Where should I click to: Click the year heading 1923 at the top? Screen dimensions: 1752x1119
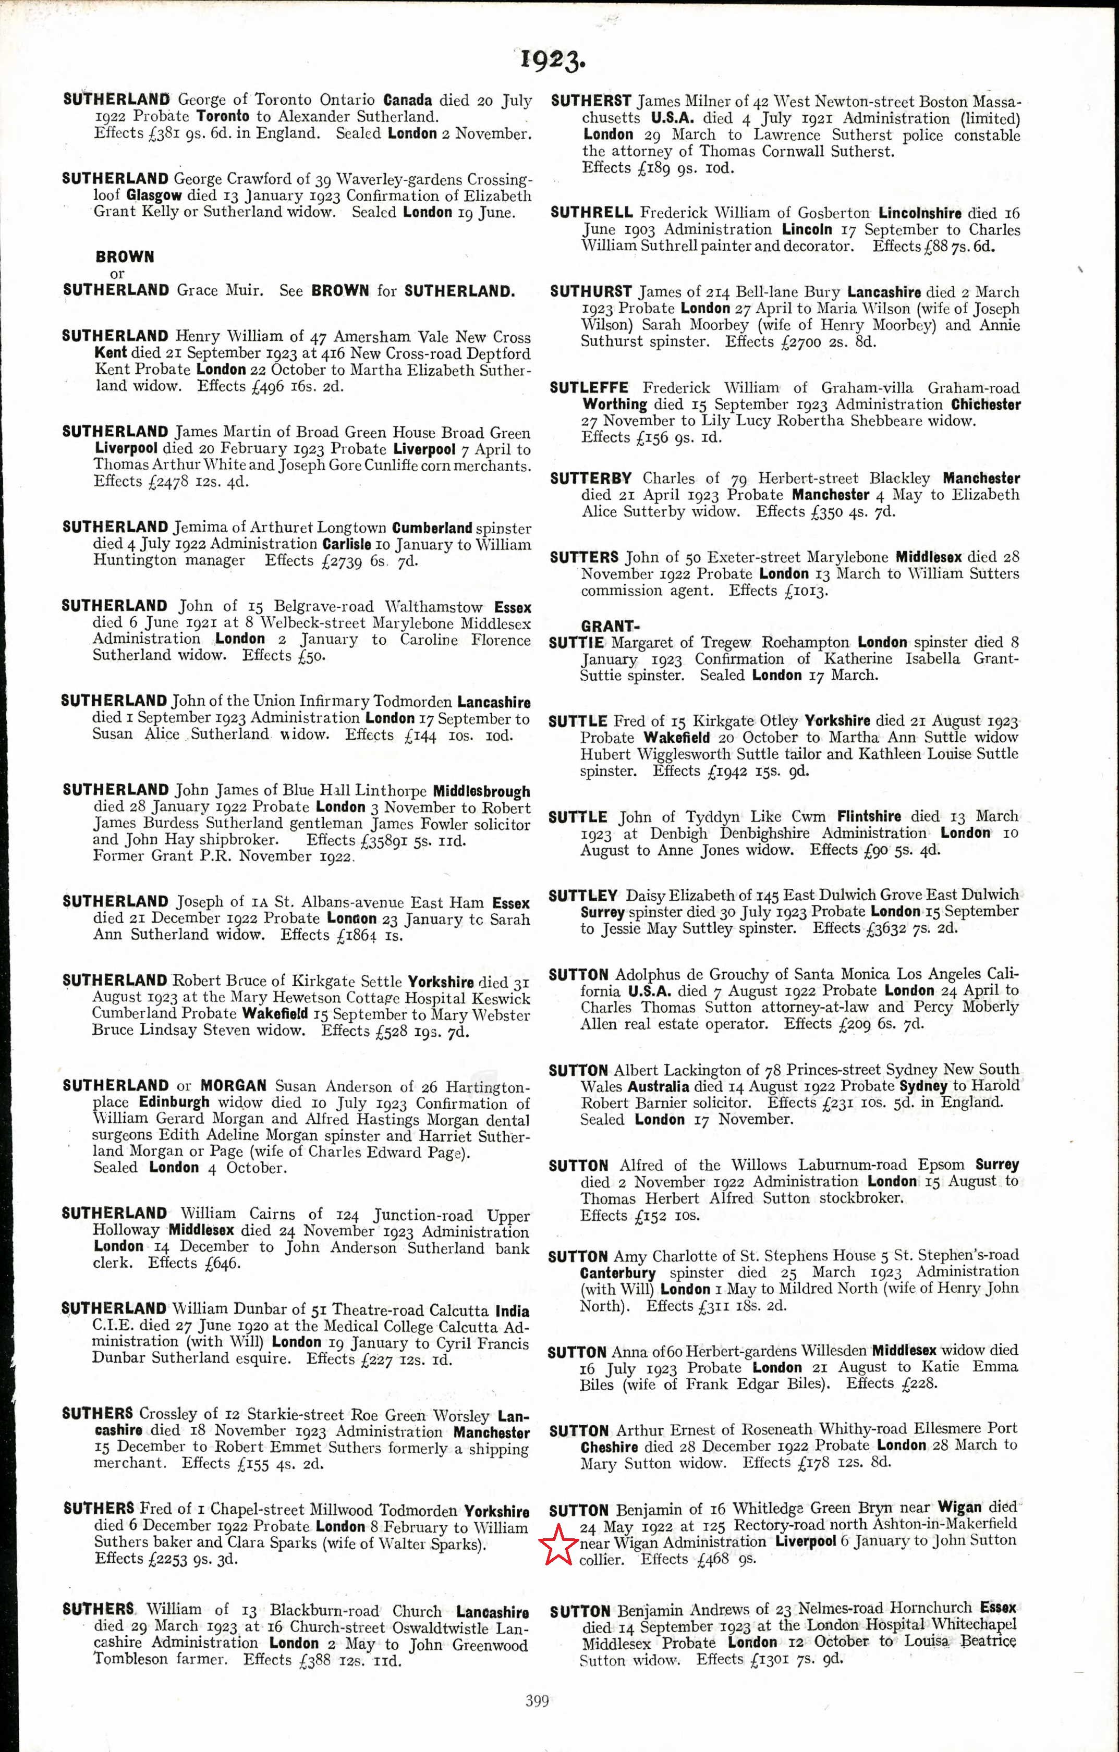tap(552, 59)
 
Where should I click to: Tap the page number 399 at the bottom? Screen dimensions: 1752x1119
tap(537, 1700)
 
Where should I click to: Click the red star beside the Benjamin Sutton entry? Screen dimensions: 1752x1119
tap(558, 1546)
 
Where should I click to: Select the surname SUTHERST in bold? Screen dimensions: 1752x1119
tap(591, 101)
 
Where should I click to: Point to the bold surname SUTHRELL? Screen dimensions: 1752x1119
tap(591, 213)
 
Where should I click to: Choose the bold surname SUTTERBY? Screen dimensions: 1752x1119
tap(591, 479)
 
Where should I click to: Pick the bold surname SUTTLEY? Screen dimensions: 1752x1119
tap(583, 896)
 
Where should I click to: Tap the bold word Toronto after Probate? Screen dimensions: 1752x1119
tap(223, 116)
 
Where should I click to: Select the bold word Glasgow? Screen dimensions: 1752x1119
tap(153, 195)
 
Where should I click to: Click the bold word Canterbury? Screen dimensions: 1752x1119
tap(618, 1273)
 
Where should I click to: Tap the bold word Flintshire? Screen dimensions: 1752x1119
tap(869, 816)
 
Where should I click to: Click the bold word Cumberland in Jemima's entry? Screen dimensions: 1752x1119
tap(432, 528)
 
